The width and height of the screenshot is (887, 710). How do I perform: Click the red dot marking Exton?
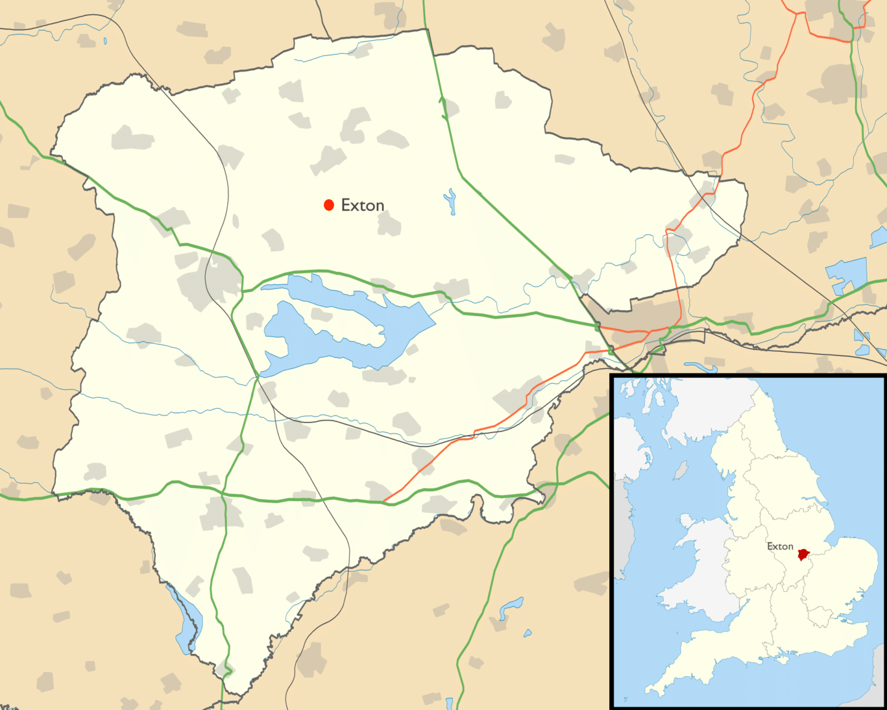click(329, 205)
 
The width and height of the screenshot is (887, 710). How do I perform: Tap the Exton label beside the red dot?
click(363, 205)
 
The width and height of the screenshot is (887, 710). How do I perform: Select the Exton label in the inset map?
click(780, 547)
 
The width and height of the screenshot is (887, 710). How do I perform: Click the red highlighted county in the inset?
click(803, 555)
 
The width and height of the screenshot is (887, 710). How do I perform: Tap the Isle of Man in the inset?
click(681, 471)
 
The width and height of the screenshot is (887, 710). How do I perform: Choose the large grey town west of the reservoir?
click(209, 280)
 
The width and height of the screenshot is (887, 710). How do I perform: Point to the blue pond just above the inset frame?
click(702, 367)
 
